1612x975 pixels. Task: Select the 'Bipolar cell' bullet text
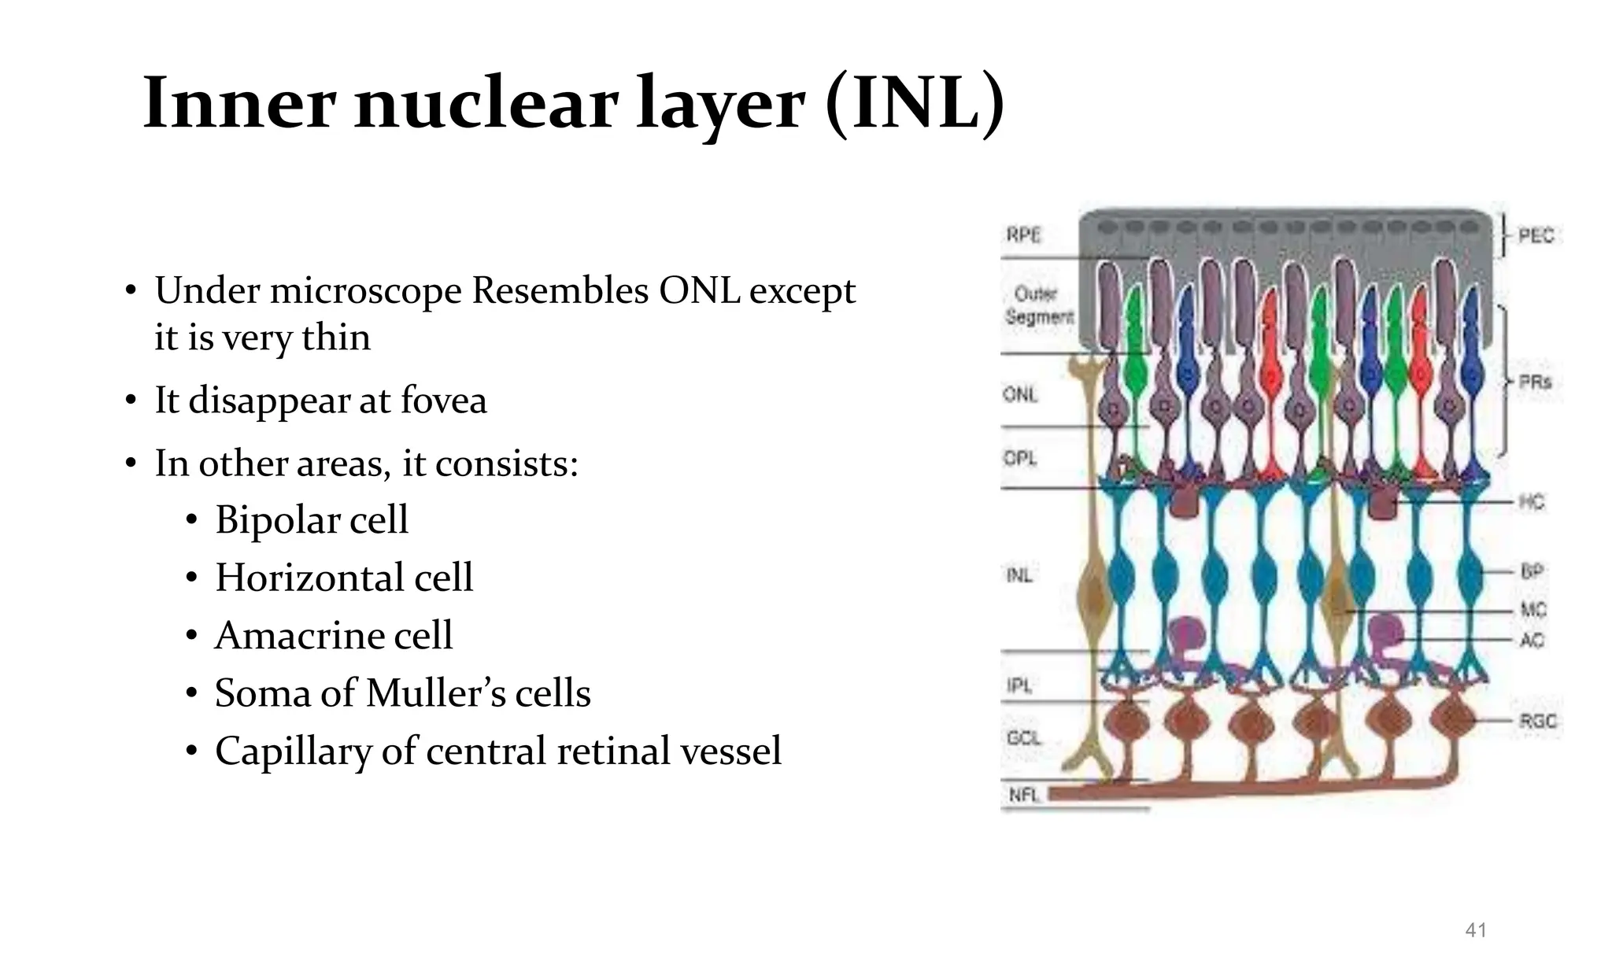click(312, 520)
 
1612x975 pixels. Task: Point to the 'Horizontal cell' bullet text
click(344, 578)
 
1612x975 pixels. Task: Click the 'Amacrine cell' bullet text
click(334, 636)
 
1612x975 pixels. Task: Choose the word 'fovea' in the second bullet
click(444, 400)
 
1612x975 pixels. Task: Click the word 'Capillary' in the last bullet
click(293, 751)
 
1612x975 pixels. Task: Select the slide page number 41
click(1476, 930)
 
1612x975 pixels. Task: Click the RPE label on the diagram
click(1023, 235)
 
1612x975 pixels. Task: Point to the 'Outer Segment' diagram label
click(1038, 305)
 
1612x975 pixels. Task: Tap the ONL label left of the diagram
click(1021, 394)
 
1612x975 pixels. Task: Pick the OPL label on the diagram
click(1020, 458)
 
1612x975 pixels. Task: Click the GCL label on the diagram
click(1024, 738)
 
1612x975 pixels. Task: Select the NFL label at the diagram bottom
click(1025, 795)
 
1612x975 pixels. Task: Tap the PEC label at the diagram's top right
click(1536, 235)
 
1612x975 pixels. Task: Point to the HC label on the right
click(1532, 502)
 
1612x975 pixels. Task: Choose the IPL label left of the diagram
click(1019, 686)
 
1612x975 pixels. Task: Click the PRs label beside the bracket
click(1535, 382)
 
